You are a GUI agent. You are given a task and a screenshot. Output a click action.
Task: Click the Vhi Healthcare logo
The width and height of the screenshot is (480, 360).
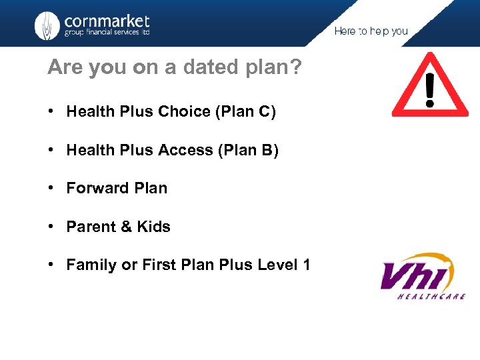[x=422, y=276]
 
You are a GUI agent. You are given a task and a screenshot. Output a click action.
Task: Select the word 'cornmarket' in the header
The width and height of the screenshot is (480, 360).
[x=107, y=21]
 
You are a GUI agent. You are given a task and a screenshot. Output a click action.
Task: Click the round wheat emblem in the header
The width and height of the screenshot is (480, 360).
[x=47, y=26]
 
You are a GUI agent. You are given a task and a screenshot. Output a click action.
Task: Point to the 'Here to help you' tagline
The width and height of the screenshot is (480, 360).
[x=371, y=31]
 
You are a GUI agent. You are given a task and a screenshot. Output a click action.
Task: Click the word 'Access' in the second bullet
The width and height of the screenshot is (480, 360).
[x=186, y=151]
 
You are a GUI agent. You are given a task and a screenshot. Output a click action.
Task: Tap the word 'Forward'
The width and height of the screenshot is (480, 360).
[x=95, y=189]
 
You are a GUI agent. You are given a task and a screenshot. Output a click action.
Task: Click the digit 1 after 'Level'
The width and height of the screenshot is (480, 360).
[x=306, y=265]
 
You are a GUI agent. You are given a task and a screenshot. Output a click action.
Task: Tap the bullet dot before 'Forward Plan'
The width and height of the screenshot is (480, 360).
[x=51, y=189]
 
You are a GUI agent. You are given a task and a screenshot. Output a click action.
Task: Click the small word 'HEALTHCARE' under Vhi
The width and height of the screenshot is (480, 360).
[x=431, y=296]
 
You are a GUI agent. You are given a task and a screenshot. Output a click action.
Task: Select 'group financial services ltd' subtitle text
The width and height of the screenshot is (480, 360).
[x=107, y=33]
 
